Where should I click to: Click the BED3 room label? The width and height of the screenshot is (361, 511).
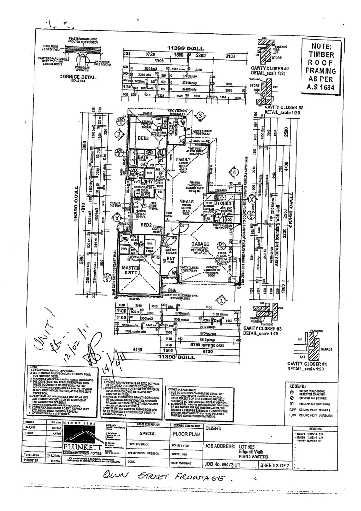pyautogui.click(x=143, y=138)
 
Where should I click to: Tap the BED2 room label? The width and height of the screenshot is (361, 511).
pyautogui.click(x=146, y=224)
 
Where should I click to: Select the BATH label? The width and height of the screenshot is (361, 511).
pyautogui.click(x=143, y=157)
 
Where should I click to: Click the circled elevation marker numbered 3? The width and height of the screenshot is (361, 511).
pyautogui.click(x=200, y=115)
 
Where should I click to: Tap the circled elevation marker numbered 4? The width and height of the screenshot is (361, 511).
pyautogui.click(x=234, y=173)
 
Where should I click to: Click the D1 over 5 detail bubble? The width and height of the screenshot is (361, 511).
pyautogui.click(x=221, y=245)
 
